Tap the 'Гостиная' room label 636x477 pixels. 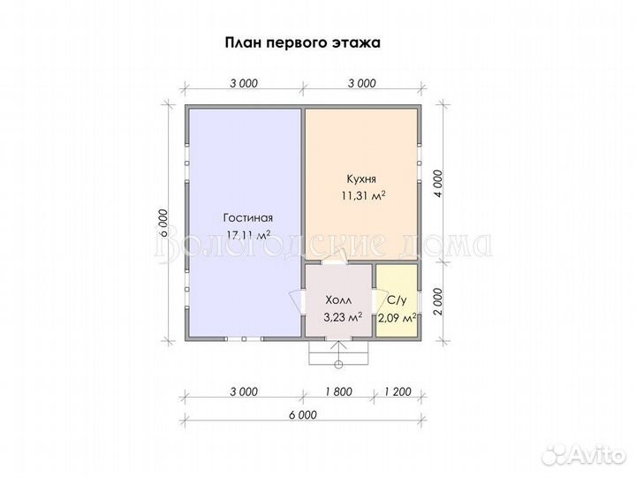pyautogui.click(x=247, y=217)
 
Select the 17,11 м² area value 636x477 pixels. pyautogui.click(x=248, y=234)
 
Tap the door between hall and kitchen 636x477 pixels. pyautogui.click(x=335, y=261)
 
